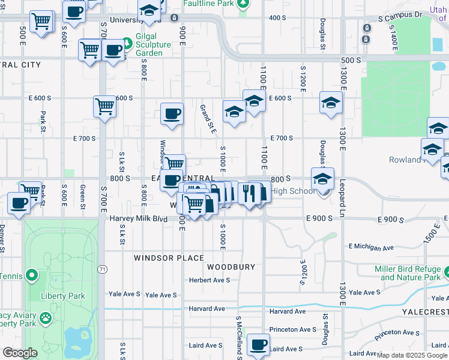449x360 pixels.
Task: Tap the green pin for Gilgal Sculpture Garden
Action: (127, 44)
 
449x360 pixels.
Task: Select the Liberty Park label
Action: (62, 296)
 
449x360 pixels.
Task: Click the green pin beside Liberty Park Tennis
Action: (32, 277)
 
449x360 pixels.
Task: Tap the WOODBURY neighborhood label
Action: (231, 266)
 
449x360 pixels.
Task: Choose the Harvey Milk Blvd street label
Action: (139, 219)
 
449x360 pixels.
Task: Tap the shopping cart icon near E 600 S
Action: (104, 107)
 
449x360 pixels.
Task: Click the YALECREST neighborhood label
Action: (428, 312)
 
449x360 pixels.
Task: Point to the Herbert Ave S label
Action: (209, 280)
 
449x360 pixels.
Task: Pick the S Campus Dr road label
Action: (400, 17)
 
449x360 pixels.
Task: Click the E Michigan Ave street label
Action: (371, 247)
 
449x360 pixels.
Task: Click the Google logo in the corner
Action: (20, 353)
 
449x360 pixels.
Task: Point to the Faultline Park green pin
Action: (243, 5)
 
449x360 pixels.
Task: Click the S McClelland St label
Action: (238, 339)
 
